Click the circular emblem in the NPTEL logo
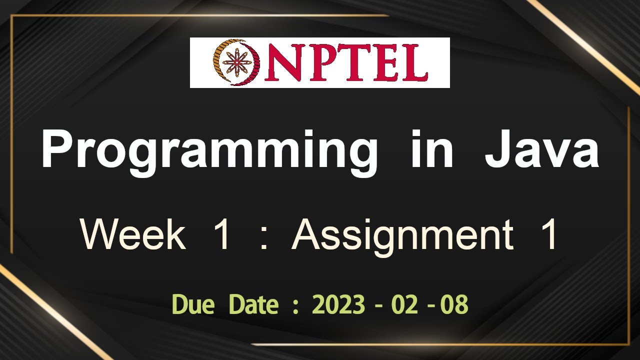pyautogui.click(x=236, y=62)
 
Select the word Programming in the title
pyautogui.click(x=209, y=153)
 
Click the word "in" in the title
pyautogui.click(x=431, y=148)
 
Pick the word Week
pyautogui.click(x=133, y=234)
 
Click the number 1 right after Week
pyautogui.click(x=223, y=234)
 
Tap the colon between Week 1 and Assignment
pyautogui.click(x=263, y=238)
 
